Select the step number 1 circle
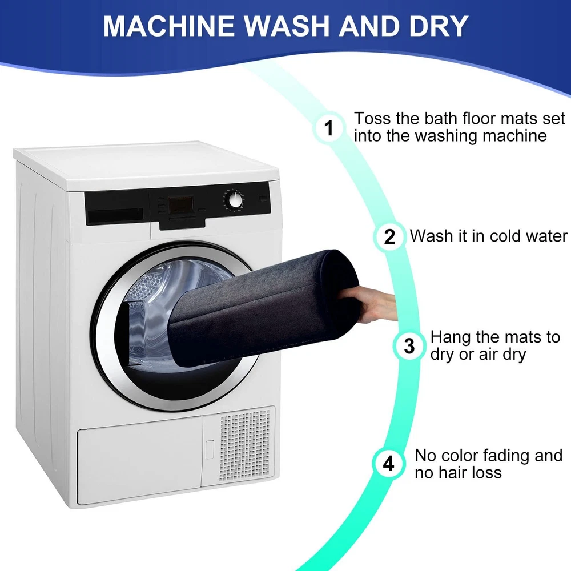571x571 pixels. (329, 127)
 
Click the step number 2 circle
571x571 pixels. (389, 237)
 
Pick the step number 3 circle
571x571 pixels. (409, 345)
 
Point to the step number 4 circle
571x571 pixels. (388, 464)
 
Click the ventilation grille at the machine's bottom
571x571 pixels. (245, 445)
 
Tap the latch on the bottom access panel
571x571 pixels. (210, 449)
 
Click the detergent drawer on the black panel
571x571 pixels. (116, 215)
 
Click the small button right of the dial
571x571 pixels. (263, 199)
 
